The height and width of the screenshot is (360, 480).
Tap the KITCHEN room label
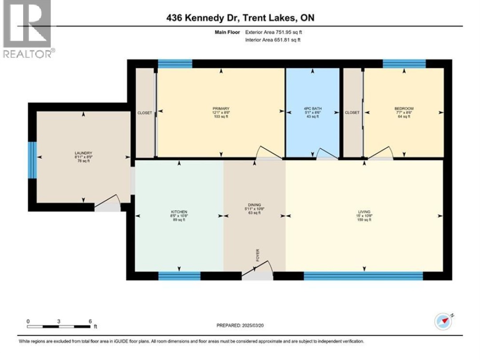(x=179, y=212)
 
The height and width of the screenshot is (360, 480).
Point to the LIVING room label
(x=364, y=212)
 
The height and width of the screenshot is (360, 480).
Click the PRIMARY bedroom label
(x=221, y=108)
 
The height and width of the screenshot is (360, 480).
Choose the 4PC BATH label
(x=312, y=108)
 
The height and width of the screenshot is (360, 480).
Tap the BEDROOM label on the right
(x=404, y=108)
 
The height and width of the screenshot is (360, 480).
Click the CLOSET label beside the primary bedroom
(x=144, y=113)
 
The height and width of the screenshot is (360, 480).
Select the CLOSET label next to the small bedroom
(x=352, y=113)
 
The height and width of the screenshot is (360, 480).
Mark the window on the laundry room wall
(x=32, y=160)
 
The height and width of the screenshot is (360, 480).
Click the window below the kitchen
(x=179, y=276)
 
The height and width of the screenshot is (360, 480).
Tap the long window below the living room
(x=363, y=276)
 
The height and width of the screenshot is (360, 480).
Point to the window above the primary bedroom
(x=175, y=64)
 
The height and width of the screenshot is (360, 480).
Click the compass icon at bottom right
(x=444, y=321)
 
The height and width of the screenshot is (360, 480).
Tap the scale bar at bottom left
(x=59, y=327)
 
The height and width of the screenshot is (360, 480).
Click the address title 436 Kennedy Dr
(x=240, y=18)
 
